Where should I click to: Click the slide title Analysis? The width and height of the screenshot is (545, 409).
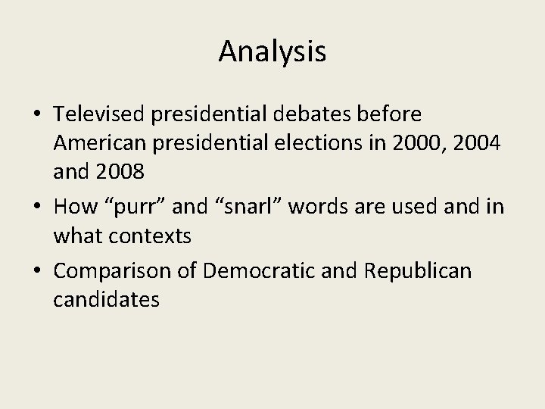(272, 52)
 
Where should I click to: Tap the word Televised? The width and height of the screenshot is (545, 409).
(101, 114)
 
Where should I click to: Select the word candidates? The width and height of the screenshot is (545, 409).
(107, 300)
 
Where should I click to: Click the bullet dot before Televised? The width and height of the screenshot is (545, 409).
(37, 115)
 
